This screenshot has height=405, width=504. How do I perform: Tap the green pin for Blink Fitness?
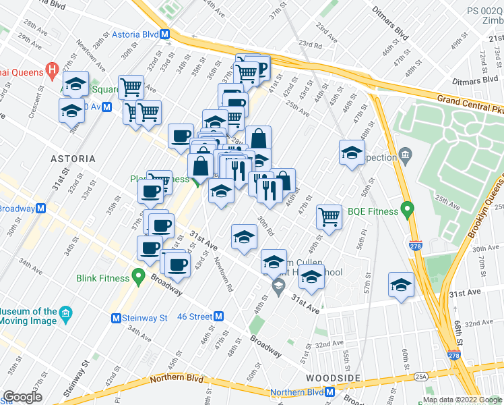[139, 276]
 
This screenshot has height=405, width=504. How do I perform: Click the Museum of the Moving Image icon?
[65, 313]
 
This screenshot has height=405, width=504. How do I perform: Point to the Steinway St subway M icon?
[116, 318]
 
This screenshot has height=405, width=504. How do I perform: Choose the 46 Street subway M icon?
[218, 316]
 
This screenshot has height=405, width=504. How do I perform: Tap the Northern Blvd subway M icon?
[329, 392]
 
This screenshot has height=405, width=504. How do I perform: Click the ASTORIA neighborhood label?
[72, 159]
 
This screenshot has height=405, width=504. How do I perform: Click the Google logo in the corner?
[22, 397]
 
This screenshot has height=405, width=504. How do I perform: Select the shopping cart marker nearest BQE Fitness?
[329, 217]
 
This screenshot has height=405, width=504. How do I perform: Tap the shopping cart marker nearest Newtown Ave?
[131, 86]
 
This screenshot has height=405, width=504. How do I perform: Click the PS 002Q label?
[485, 11]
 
